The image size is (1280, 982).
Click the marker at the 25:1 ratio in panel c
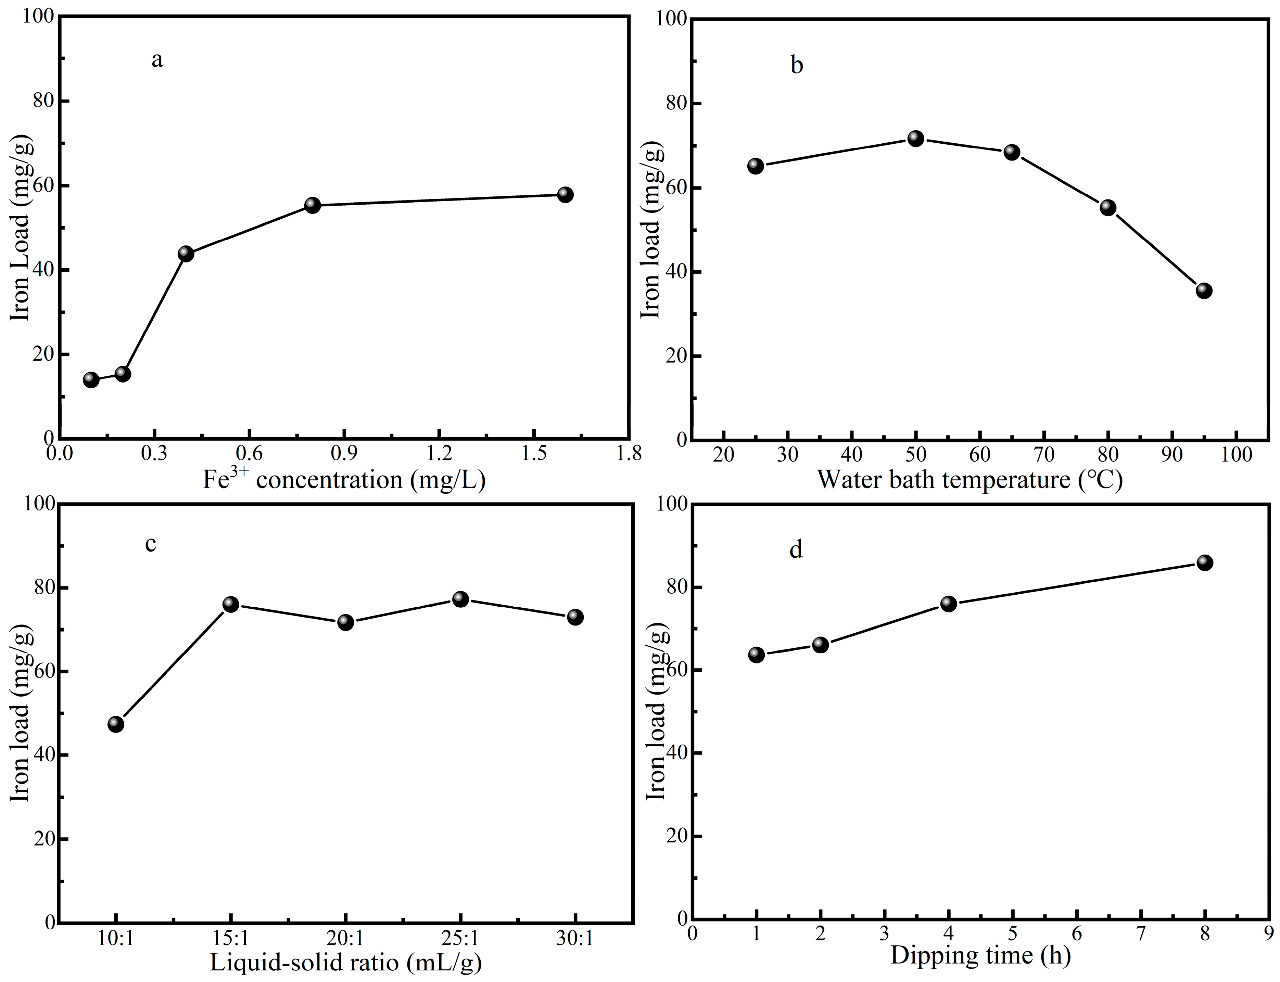(x=461, y=599)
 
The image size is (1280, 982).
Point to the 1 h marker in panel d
(x=756, y=655)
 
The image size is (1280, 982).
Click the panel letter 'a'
(x=157, y=60)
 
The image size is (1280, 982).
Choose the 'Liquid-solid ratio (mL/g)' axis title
(x=345, y=962)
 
